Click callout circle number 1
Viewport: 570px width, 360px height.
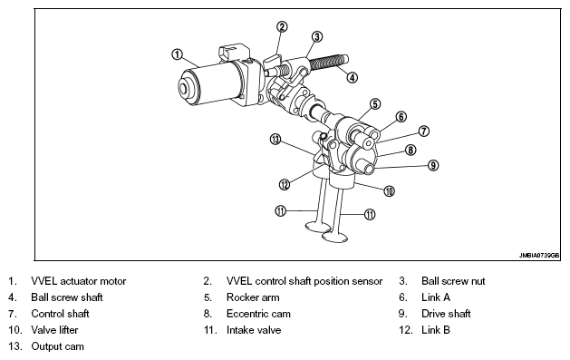pos(177,55)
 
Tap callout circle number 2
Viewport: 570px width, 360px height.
pos(282,26)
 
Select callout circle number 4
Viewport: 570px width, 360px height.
pos(352,77)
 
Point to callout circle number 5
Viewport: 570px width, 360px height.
pos(375,104)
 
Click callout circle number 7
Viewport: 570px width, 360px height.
pos(424,131)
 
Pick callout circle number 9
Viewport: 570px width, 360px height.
pos(433,165)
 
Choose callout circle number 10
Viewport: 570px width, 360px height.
pos(390,191)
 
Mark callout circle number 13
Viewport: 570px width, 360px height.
pos(275,140)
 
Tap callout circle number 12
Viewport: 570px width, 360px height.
pos(285,185)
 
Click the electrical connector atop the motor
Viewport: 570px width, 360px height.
pos(234,52)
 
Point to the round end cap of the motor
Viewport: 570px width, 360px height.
pos(188,88)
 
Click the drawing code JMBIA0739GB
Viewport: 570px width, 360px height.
pos(539,256)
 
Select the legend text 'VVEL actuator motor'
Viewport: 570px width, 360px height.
pos(79,281)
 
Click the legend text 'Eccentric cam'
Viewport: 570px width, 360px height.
pos(258,314)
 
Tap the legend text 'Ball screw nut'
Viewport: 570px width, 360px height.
pos(453,281)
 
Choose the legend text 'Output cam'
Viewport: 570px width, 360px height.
pos(57,346)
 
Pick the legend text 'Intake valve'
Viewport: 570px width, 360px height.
pos(254,330)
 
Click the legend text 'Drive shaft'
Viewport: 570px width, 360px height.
pos(446,314)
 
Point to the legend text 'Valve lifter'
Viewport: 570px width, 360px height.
pos(54,330)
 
